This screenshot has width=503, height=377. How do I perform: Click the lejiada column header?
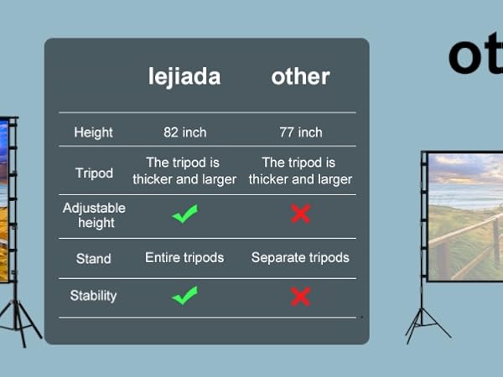[x=184, y=77]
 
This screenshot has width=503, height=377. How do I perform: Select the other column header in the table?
[x=300, y=77]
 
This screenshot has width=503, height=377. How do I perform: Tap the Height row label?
[x=93, y=132]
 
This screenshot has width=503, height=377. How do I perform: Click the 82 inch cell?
[x=184, y=132]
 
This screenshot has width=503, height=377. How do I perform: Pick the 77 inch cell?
[x=300, y=132]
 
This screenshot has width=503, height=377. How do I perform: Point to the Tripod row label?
[x=94, y=173]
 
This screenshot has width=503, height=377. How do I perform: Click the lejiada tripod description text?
[x=184, y=171]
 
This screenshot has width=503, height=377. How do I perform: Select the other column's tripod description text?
[x=300, y=171]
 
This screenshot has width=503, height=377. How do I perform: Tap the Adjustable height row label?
[x=94, y=215]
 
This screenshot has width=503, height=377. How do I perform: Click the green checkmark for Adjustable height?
[x=184, y=214]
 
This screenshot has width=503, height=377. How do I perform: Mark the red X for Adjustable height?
[x=300, y=214]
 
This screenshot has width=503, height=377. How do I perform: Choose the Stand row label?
[x=94, y=258]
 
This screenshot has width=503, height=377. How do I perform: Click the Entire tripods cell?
[x=184, y=257]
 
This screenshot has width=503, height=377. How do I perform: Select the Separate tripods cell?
[x=300, y=257]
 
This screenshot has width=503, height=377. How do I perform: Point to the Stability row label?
[x=94, y=296]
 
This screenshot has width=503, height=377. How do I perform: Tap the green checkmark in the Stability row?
[x=184, y=295]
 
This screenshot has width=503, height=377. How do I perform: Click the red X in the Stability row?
[x=300, y=296]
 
